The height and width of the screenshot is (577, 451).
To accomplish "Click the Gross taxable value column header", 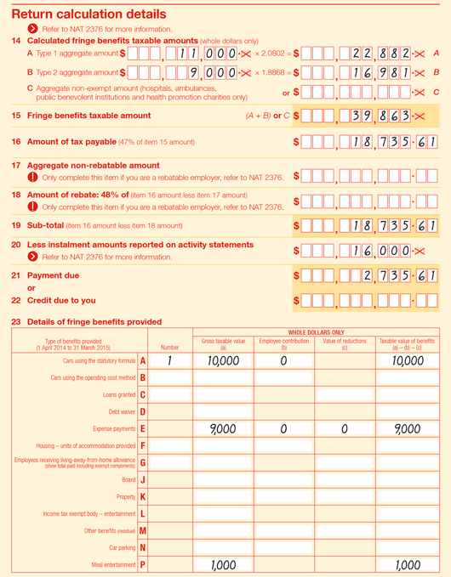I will click(x=222, y=342).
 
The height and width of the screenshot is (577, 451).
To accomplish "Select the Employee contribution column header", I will click(x=284, y=342).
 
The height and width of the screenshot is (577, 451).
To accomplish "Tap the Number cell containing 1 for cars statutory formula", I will click(x=169, y=361).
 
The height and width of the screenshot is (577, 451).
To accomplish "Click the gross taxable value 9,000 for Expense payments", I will click(x=222, y=430).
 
